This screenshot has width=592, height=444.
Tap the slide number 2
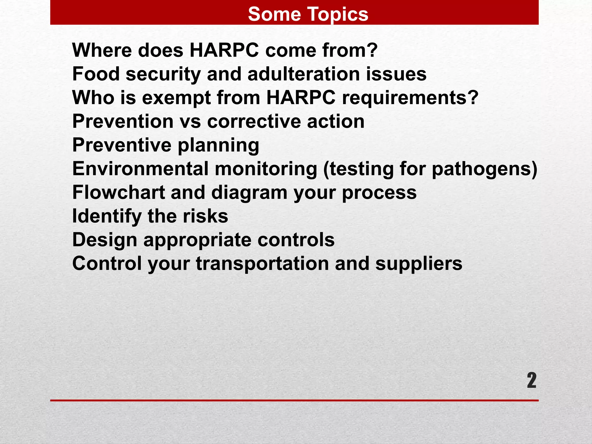coord(531,380)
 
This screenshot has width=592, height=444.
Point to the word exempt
coord(176,98)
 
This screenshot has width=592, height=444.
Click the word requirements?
coord(410,98)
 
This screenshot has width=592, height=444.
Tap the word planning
coord(218,145)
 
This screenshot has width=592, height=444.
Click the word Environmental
coord(140,169)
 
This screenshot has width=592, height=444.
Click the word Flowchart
coord(119,193)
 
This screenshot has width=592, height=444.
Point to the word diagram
coord(249,193)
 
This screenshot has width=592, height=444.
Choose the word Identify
coord(107,216)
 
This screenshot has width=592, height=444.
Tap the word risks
coord(205,216)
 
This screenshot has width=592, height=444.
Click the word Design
coord(104,240)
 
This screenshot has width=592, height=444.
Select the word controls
coord(296,240)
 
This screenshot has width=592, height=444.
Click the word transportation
coord(262,264)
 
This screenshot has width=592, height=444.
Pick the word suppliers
coord(419,264)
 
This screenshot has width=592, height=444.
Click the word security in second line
coord(163,74)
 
